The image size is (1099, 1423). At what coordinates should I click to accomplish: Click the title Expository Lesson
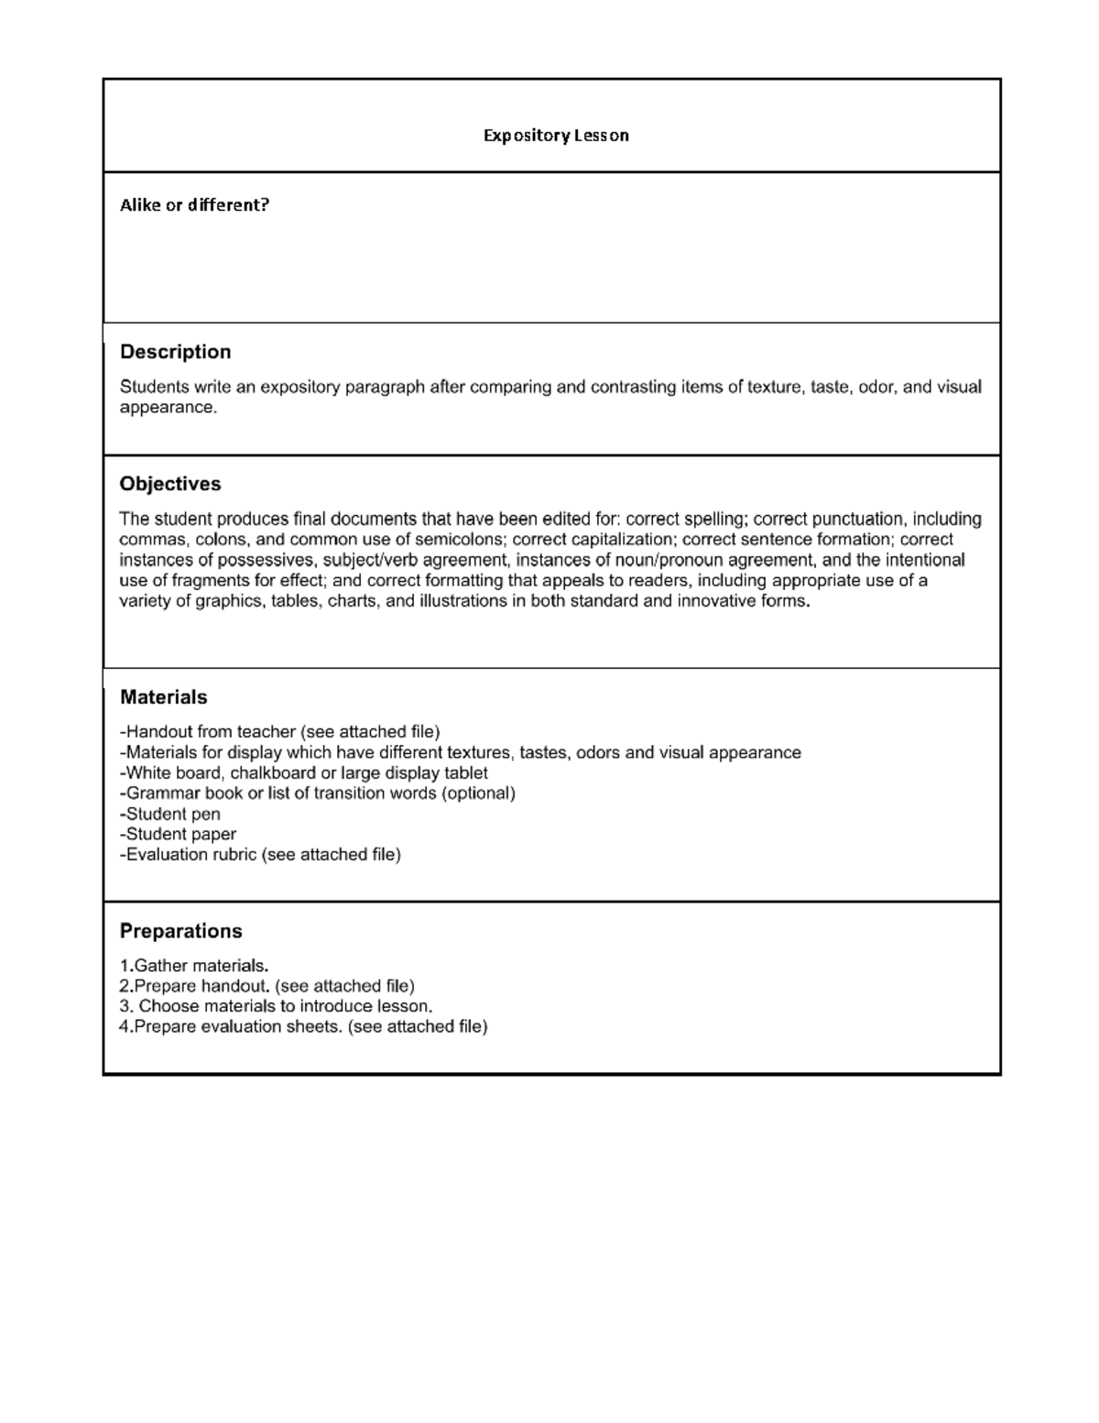click(x=556, y=136)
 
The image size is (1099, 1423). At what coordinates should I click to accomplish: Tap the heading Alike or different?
click(x=194, y=205)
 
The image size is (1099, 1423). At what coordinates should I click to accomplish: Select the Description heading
click(x=175, y=352)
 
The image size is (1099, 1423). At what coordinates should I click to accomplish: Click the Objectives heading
click(x=170, y=484)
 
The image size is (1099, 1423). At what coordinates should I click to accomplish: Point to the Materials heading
click(x=163, y=697)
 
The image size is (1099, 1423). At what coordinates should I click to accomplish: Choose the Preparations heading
click(x=180, y=931)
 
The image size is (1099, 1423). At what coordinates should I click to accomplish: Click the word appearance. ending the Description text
click(x=169, y=408)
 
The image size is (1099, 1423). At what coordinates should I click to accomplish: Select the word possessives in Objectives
click(x=274, y=560)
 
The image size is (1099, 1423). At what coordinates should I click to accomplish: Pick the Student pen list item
click(x=170, y=814)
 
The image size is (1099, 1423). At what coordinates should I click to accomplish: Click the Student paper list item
click(x=178, y=834)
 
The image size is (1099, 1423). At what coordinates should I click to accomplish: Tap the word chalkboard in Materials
click(x=272, y=772)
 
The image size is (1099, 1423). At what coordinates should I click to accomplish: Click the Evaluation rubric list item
click(x=260, y=855)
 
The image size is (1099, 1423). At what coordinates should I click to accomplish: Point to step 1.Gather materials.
click(x=194, y=966)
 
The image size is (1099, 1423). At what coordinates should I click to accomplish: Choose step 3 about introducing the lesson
click(x=276, y=1006)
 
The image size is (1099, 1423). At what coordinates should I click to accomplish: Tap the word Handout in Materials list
click(x=158, y=732)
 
